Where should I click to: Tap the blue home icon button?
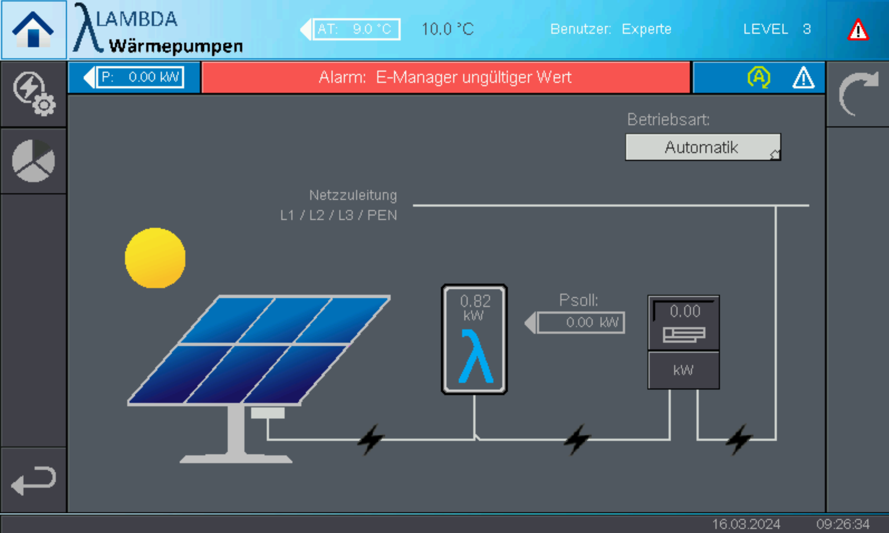coord(33,30)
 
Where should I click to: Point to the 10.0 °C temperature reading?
coord(447,29)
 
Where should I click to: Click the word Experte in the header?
coord(646,29)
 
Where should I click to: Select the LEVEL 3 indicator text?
coord(776,29)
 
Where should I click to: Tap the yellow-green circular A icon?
coord(759,77)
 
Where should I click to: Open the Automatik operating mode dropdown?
coord(703,147)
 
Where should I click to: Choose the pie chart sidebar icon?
coord(33,161)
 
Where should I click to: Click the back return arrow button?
coord(33,480)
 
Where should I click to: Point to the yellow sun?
coord(155,257)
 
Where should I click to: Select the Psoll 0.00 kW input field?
coord(580,322)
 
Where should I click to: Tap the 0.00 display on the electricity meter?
coord(685,311)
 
